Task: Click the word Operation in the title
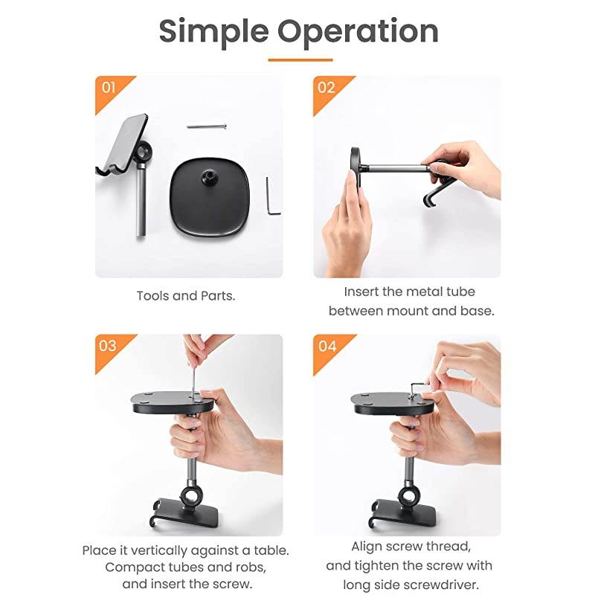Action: click(x=358, y=32)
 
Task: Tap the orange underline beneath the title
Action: click(x=300, y=59)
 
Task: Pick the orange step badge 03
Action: click(x=109, y=347)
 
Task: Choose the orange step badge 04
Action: click(x=326, y=347)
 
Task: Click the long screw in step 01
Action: click(x=206, y=126)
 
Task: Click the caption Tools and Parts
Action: click(x=186, y=296)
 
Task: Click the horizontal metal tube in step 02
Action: click(x=394, y=168)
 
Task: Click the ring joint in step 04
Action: click(x=410, y=495)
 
